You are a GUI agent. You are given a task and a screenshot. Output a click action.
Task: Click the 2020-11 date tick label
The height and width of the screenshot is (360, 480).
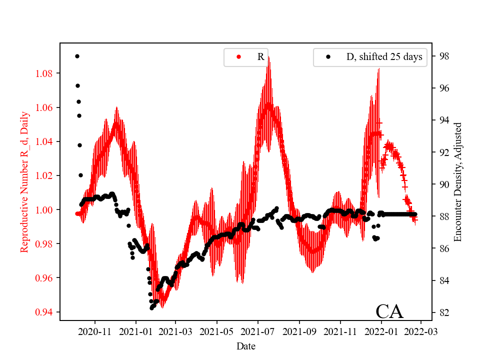click(x=94, y=331)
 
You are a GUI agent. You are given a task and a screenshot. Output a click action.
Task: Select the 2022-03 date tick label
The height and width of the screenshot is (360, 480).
click(x=421, y=331)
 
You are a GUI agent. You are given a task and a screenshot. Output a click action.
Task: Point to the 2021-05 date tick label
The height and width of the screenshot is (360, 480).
click(x=217, y=331)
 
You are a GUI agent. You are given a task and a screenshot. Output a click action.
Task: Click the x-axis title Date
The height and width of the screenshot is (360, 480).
click(x=246, y=346)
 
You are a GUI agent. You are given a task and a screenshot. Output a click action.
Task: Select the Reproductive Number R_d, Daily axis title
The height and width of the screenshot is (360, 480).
click(x=24, y=181)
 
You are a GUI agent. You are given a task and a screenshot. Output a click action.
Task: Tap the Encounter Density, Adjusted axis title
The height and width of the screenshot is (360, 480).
click(x=457, y=181)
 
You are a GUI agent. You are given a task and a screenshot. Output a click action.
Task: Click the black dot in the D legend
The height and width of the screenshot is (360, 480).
click(x=328, y=57)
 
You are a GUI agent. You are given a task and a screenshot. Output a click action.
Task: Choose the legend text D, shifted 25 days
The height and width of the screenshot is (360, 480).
click(x=384, y=57)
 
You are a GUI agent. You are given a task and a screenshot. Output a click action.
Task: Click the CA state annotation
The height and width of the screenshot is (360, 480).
click(x=389, y=311)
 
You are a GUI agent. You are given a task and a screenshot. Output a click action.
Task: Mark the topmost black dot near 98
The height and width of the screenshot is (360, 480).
click(x=77, y=56)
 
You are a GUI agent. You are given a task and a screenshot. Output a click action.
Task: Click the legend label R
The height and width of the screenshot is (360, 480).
click(x=260, y=57)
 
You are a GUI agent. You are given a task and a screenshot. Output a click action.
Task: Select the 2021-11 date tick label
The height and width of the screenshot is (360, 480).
click(x=340, y=331)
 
